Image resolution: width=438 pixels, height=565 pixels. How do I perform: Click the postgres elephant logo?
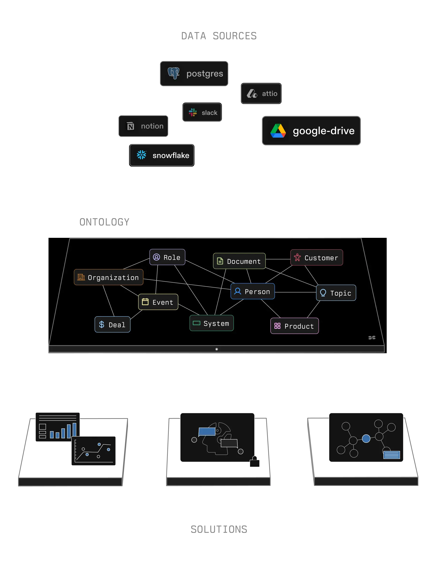173,73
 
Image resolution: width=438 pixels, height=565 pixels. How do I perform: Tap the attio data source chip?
261,93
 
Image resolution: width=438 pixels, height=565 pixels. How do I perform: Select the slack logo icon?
193,113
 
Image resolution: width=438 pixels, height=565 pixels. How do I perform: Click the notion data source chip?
143,126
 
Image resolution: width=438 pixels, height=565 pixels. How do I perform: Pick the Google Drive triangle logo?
278,131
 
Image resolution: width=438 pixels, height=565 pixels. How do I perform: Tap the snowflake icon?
142,155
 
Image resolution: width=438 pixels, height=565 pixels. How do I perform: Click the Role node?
167,257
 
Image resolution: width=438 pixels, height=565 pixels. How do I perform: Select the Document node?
239,261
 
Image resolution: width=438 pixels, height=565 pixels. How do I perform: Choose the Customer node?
316,258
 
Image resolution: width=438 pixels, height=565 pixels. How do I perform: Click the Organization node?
108,277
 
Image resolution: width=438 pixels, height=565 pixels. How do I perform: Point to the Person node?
252,291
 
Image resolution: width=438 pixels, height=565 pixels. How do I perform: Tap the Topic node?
336,293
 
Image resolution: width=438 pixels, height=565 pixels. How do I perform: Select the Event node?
158,302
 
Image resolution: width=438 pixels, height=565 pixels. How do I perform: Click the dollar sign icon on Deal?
102,324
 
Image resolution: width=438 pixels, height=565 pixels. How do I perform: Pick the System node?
212,323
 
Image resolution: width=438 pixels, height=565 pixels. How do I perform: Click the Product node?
294,326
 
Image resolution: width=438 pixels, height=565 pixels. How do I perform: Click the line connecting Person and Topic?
295,292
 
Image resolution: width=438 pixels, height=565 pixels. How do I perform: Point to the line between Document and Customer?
278,259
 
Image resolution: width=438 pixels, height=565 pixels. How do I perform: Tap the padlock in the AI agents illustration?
255,462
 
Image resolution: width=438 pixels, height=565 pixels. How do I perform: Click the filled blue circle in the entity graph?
366,439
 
